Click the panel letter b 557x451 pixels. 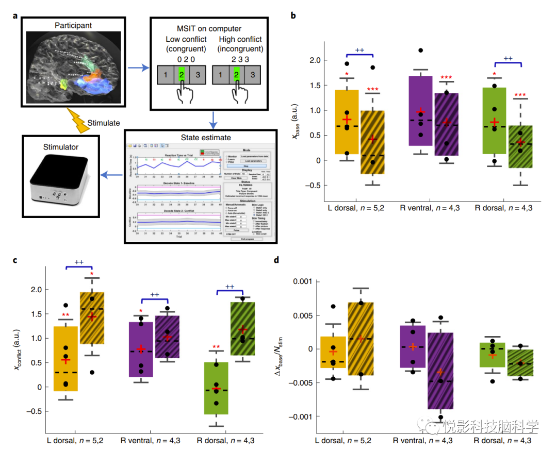293,15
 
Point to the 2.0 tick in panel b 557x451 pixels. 314,60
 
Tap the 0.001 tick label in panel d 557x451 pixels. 303,281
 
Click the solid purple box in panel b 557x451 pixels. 420,111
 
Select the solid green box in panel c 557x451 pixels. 216,388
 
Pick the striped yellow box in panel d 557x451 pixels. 361,339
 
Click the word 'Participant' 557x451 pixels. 74,25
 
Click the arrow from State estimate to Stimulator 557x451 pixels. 111,176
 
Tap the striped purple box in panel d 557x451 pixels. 440,371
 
